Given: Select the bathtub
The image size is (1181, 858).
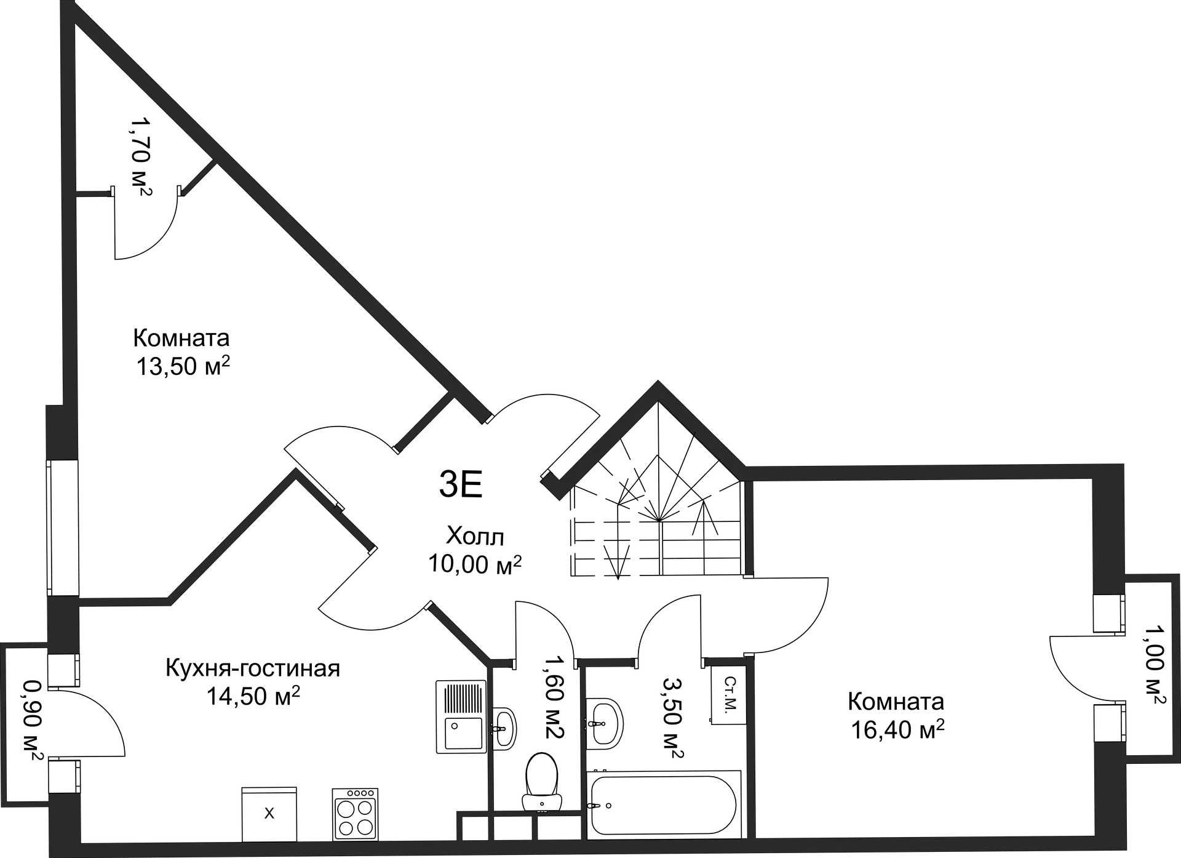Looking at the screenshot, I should [x=662, y=804].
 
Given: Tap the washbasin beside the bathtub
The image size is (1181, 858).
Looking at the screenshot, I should [x=605, y=723].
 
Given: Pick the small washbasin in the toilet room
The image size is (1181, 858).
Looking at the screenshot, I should [x=504, y=728].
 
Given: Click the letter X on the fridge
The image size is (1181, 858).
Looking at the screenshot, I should [x=269, y=814].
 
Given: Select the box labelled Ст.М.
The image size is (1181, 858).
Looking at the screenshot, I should [x=729, y=694].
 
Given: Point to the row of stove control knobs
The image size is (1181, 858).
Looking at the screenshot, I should [x=356, y=793].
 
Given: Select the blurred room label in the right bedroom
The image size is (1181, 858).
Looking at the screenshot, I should [x=898, y=717].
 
